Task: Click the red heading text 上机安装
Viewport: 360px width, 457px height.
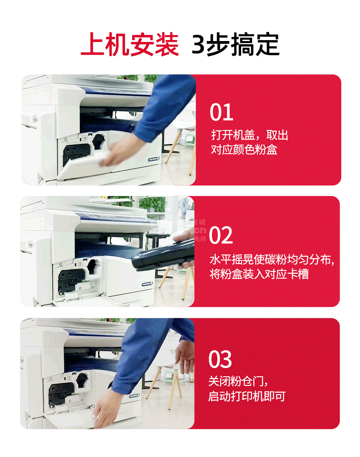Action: tap(130, 45)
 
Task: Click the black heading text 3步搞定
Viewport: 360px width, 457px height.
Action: tap(236, 45)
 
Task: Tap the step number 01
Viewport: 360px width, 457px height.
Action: tap(221, 112)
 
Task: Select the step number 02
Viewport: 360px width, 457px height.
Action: tap(221, 235)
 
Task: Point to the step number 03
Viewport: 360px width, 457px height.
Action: tap(220, 359)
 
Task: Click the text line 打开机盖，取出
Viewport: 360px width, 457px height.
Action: tap(250, 135)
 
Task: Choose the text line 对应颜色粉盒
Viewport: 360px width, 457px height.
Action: tap(244, 150)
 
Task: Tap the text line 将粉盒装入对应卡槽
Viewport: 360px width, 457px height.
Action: tap(259, 274)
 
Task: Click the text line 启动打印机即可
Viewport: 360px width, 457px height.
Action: tap(247, 396)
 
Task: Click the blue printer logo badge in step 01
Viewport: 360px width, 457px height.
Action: tap(154, 159)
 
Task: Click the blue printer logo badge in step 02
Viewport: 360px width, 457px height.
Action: tap(147, 284)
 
